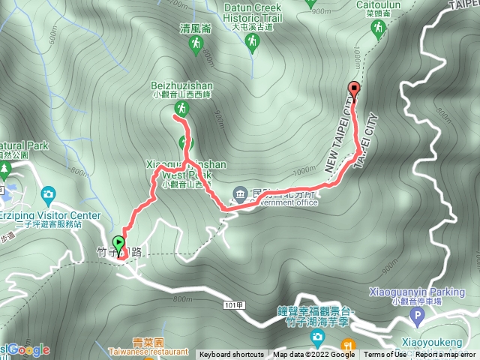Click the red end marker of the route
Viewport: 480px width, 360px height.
[x=354, y=88]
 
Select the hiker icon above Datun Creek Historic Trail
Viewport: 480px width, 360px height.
[x=251, y=43]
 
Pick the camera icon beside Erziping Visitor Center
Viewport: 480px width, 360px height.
[x=49, y=196]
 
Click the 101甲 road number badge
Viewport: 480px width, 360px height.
[x=233, y=305]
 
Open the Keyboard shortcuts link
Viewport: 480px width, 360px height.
[x=231, y=355]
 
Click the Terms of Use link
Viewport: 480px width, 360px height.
[x=385, y=355]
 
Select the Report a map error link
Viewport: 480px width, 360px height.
[x=446, y=355]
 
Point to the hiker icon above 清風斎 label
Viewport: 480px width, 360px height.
[x=195, y=46]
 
